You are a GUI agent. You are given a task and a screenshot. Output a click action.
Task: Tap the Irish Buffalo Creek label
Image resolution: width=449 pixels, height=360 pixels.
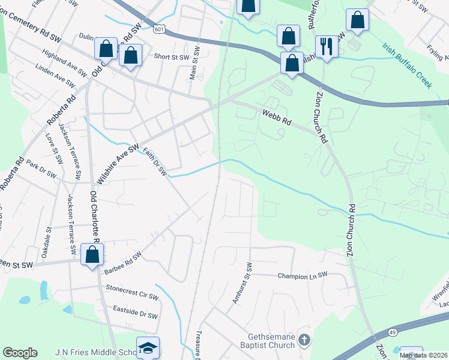coord(407,67)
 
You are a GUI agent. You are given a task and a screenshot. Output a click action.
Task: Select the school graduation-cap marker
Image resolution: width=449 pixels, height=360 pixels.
coord(147,349)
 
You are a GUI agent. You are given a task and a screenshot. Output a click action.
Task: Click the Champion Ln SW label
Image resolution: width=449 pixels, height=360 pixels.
coord(303,275)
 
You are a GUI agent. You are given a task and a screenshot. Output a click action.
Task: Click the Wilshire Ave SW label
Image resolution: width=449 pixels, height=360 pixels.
coord(118,163)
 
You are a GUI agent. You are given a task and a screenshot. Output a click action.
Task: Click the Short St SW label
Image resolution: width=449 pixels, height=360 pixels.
coord(172,57)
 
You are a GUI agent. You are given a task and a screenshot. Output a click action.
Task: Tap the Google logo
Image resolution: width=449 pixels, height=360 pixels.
coord(20,353)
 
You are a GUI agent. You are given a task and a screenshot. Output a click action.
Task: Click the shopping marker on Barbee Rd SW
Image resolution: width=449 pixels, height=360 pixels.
coord(92,254)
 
